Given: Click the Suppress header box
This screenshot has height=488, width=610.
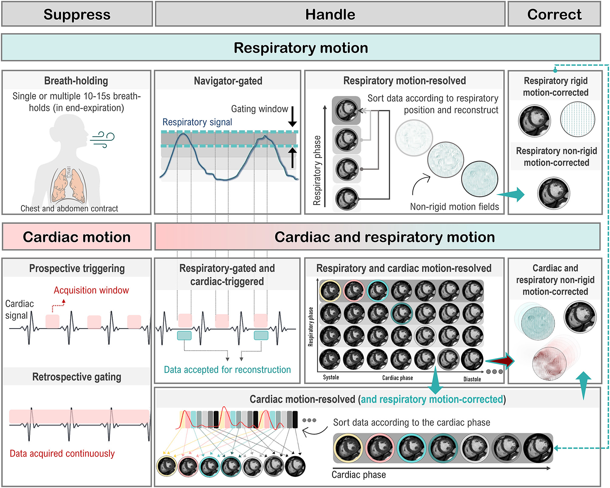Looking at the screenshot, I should pyautogui.click(x=77, y=14).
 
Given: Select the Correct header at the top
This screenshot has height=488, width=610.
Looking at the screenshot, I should pyautogui.click(x=554, y=14).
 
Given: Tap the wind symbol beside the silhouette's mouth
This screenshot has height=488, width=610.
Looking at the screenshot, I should pyautogui.click(x=103, y=139).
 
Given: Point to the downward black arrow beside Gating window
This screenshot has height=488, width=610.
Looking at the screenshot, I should pyautogui.click(x=292, y=116).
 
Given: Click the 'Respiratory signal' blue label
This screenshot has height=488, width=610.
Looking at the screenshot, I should pyautogui.click(x=197, y=122).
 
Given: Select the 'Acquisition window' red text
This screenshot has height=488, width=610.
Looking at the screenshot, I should pyautogui.click(x=91, y=290).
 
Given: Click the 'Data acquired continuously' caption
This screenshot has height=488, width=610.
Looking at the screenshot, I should pyautogui.click(x=62, y=454).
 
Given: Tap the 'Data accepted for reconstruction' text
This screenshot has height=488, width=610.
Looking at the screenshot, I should pyautogui.click(x=227, y=370).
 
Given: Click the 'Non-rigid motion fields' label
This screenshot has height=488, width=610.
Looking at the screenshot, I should pyautogui.click(x=454, y=207).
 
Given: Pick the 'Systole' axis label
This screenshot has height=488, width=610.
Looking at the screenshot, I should pyautogui.click(x=331, y=377).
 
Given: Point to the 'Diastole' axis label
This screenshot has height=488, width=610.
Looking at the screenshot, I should pyautogui.click(x=472, y=379).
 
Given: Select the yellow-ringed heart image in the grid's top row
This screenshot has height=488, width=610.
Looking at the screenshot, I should pyautogui.click(x=330, y=291).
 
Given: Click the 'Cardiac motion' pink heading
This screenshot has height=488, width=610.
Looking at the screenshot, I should pyautogui.click(x=77, y=237).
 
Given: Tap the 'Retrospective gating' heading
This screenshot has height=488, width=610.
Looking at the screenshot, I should pyautogui.click(x=77, y=377).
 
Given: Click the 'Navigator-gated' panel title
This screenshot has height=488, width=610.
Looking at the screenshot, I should pyautogui.click(x=228, y=81).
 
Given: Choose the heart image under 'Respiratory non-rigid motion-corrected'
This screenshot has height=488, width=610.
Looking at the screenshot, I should pyautogui.click(x=553, y=193).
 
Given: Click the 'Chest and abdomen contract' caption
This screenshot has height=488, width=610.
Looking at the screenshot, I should pyautogui.click(x=69, y=209).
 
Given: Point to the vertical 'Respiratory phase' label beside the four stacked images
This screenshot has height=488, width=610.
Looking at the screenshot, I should pyautogui.click(x=317, y=171).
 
